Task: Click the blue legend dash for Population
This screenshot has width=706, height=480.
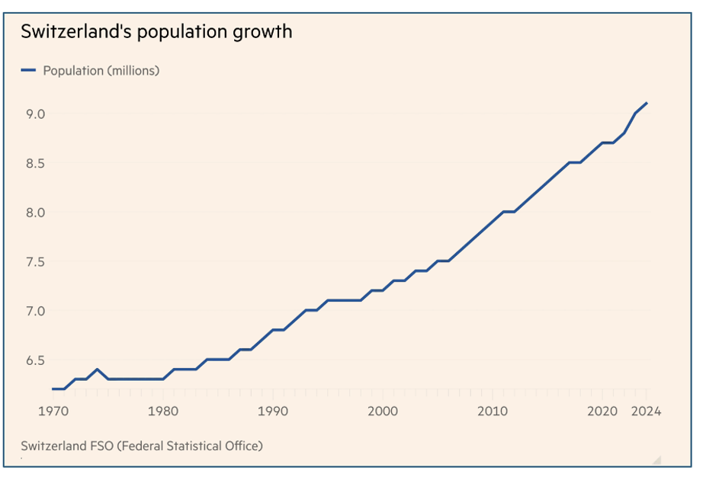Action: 28,71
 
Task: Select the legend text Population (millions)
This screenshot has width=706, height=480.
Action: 101,71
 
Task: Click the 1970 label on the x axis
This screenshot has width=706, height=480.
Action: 53,411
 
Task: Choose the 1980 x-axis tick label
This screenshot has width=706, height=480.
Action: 163,411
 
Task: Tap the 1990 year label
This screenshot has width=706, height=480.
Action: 273,411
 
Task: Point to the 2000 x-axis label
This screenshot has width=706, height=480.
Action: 383,411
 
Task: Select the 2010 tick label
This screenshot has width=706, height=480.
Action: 493,411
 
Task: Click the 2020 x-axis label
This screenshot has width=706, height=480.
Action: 602,411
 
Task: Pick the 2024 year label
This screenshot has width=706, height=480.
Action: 646,411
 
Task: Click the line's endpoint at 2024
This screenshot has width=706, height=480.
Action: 647,103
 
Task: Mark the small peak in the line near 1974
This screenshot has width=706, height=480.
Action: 97,370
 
